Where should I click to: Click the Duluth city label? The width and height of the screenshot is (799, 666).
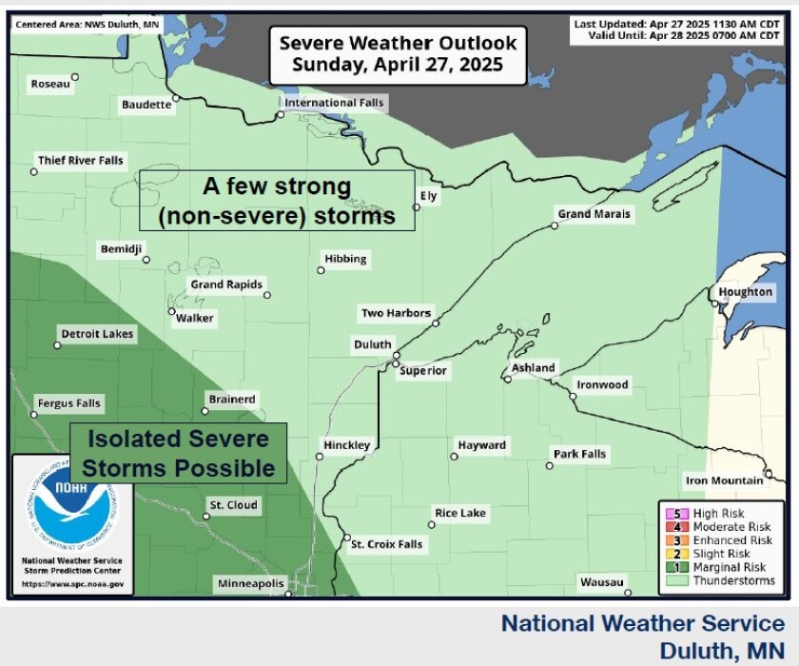(x=372, y=344)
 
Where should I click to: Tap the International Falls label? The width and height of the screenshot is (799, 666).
(x=334, y=103)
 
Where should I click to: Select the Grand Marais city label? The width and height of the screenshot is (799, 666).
(x=594, y=214)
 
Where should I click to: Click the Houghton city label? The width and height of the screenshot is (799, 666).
(x=746, y=292)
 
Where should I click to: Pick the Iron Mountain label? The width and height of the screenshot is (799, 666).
(x=724, y=481)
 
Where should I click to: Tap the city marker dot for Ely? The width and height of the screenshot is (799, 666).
(x=416, y=206)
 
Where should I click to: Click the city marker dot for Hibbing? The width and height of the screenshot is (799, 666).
(x=321, y=270)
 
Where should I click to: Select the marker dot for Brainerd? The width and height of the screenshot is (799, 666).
(x=205, y=411)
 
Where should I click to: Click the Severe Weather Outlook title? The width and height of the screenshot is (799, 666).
(x=398, y=54)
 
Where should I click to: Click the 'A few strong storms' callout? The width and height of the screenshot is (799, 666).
(x=277, y=201)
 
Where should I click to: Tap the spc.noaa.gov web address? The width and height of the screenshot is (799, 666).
(x=72, y=584)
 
